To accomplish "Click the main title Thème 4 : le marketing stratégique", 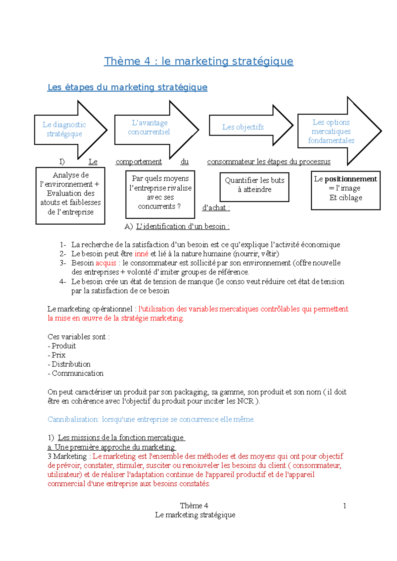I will pyautogui.click(x=198, y=61).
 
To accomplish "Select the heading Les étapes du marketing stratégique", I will pyautogui.click(x=127, y=87).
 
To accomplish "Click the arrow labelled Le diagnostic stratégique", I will pyautogui.click(x=64, y=130).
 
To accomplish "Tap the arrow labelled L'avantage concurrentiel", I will pyautogui.click(x=149, y=128).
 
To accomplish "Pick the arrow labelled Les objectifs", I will pyautogui.click(x=243, y=127).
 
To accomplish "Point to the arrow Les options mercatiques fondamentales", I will pyautogui.click(x=331, y=131).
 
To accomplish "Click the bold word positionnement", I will pyautogui.click(x=351, y=179).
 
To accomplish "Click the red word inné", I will pyautogui.click(x=141, y=254).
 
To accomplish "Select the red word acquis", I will pyautogui.click(x=106, y=263).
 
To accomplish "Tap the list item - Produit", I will pyautogui.click(x=62, y=346).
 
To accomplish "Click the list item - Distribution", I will pyautogui.click(x=69, y=364).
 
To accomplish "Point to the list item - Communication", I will pyautogui.click(x=76, y=373).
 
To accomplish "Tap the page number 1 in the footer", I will pyautogui.click(x=344, y=506).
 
